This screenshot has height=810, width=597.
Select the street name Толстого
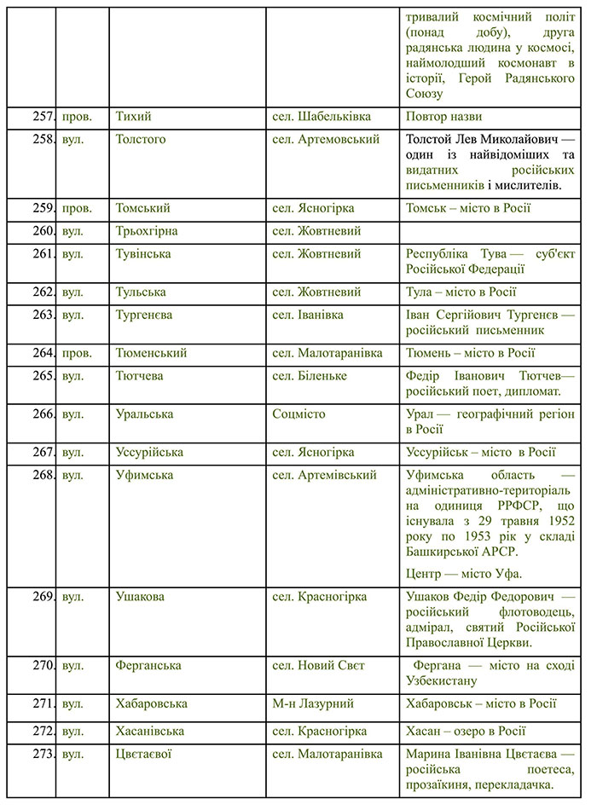(x=141, y=139)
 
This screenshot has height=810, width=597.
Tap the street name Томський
(x=143, y=208)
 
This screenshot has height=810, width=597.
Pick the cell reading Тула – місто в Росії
(x=461, y=292)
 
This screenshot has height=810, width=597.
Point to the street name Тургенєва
(x=144, y=315)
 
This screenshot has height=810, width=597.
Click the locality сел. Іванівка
(x=308, y=315)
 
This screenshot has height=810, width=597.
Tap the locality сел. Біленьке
(x=310, y=376)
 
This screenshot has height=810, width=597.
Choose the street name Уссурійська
(x=149, y=453)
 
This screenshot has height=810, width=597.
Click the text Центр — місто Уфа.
(x=464, y=573)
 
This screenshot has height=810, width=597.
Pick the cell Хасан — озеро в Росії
(x=466, y=732)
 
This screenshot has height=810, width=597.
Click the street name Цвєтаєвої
(x=145, y=755)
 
